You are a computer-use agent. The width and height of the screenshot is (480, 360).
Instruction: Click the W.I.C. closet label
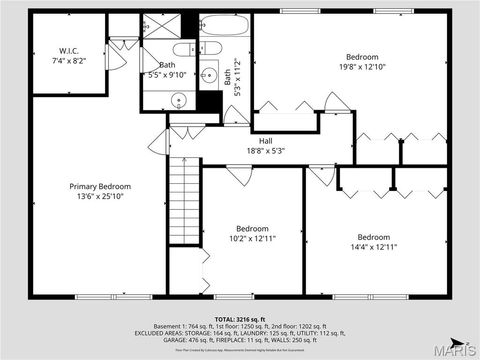69,50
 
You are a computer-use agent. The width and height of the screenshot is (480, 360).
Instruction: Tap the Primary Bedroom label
100,186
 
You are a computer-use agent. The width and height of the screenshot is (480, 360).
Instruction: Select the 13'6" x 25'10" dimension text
100,197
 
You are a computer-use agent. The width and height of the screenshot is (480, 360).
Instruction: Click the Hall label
266,141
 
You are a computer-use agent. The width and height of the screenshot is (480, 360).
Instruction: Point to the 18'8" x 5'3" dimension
266,152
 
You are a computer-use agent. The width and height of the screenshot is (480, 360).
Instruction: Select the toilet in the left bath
187,50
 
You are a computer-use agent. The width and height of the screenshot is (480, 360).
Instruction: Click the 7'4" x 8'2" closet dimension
69,61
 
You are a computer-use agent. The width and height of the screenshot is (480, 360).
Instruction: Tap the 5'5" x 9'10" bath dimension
161,75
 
